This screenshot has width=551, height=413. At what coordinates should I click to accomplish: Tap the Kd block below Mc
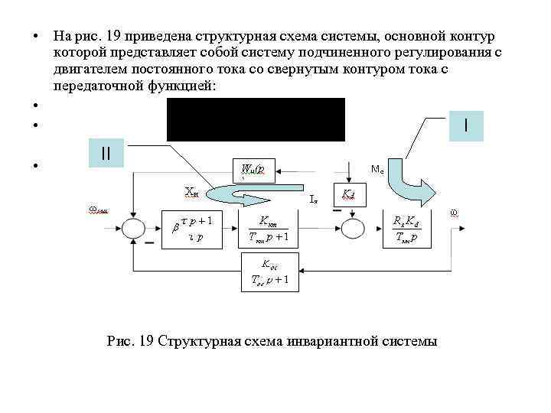click(x=348, y=197)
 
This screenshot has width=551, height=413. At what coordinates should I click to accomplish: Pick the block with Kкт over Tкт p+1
click(x=268, y=228)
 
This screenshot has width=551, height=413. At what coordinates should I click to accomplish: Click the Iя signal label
click(x=314, y=201)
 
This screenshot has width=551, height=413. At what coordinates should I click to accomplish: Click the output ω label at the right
click(x=454, y=212)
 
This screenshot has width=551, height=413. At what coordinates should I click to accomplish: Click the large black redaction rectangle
click(x=256, y=119)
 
